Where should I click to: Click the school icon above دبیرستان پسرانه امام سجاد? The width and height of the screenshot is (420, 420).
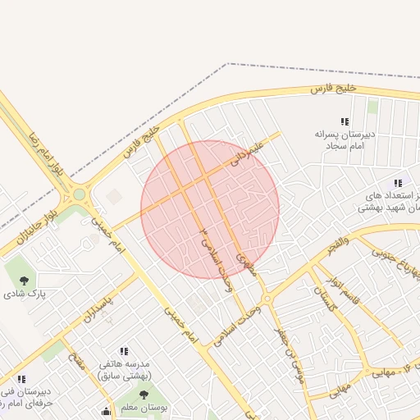click(x=345, y=121)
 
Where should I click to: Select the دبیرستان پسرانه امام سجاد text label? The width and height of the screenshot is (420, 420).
click(x=345, y=139)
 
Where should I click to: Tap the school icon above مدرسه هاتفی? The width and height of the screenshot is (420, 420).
click(x=125, y=350)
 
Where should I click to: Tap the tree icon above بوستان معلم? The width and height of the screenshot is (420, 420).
click(x=144, y=395)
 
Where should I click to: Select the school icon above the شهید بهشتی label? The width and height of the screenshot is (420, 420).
click(x=398, y=183)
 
